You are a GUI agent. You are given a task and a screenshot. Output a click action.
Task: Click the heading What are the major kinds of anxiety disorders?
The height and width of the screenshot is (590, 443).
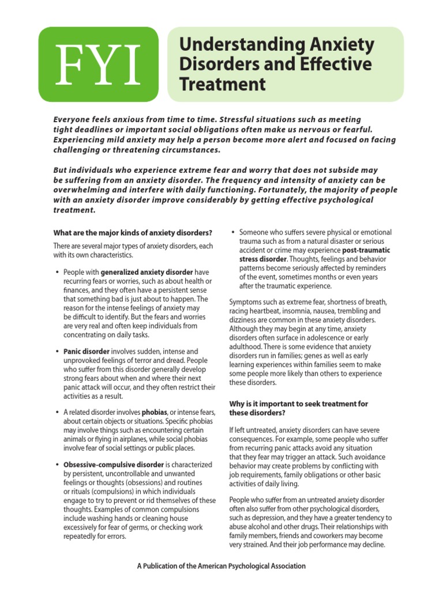pyautogui.click(x=133, y=233)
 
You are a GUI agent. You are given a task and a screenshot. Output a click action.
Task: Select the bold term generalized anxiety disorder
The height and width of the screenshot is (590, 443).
pyautogui.click(x=147, y=271)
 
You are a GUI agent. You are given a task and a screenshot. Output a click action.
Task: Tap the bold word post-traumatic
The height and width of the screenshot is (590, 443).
pyautogui.click(x=366, y=251)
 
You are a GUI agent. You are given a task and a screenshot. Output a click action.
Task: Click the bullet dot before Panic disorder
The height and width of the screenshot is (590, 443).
pyautogui.click(x=57, y=351)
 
